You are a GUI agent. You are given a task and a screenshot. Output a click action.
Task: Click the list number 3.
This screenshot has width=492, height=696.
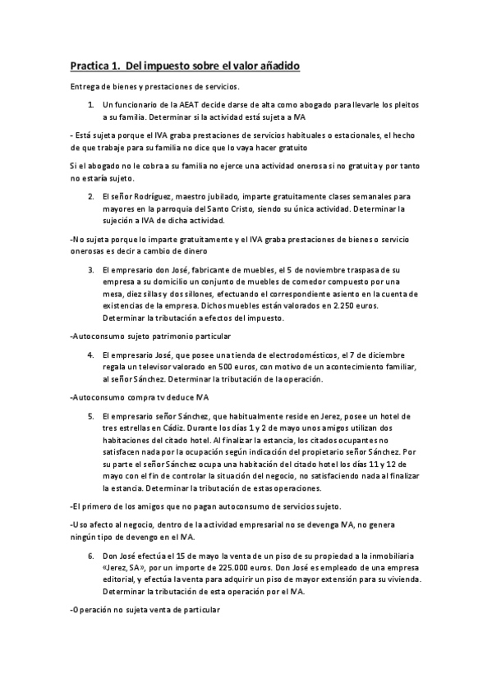[x=91, y=268]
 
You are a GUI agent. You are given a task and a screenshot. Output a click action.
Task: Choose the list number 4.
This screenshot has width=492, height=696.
[x=91, y=355]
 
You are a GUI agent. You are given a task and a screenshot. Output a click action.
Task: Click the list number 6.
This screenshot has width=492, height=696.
[x=91, y=555]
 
